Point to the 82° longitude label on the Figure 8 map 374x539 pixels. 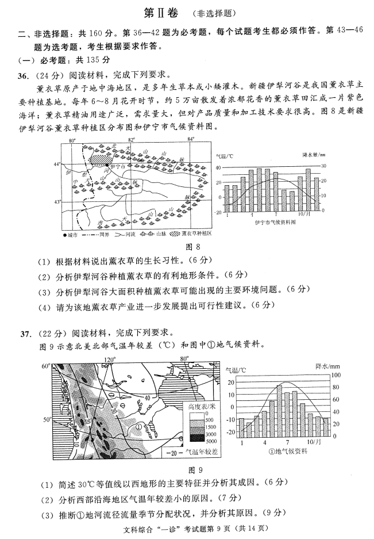pos(132,140)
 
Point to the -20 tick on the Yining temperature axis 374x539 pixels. pos(218,212)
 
